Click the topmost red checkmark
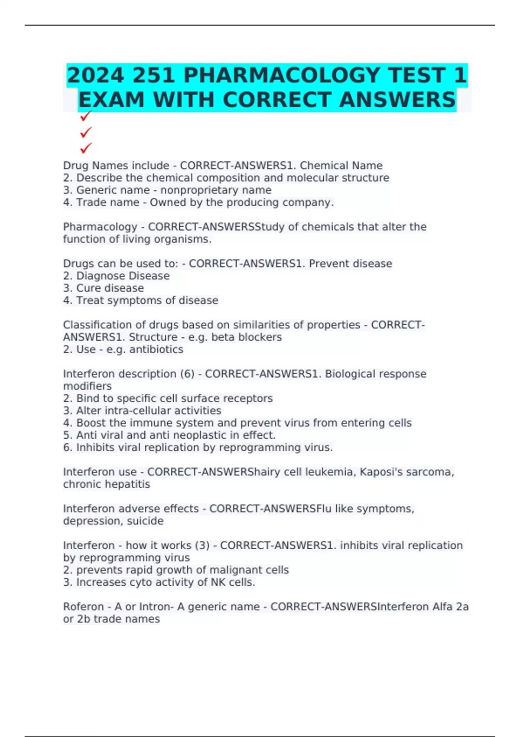coord(86,116)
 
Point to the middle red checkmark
coord(86,132)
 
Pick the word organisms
coord(185,239)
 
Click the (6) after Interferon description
coord(187,374)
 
